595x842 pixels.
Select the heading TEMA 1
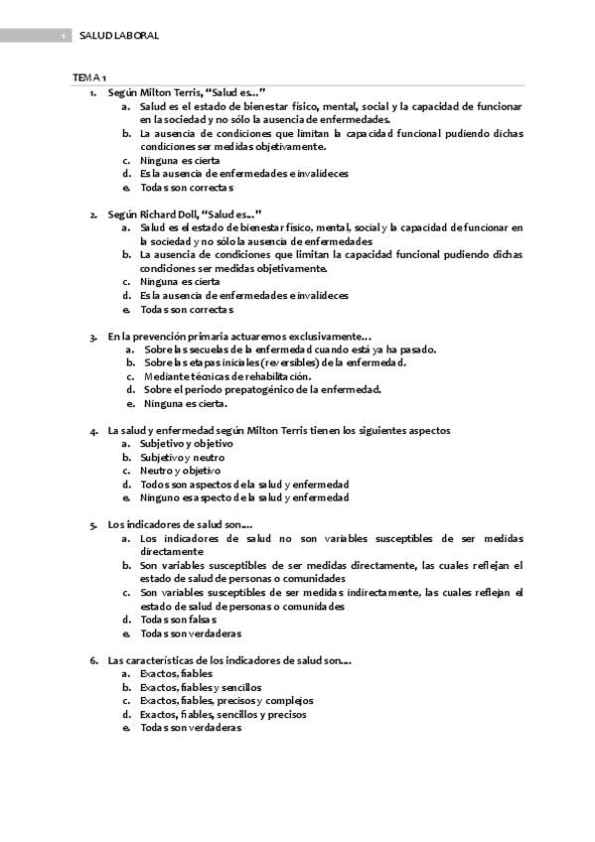90,77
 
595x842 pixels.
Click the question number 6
92,660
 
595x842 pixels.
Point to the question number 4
92,431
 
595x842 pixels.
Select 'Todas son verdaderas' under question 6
190,727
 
